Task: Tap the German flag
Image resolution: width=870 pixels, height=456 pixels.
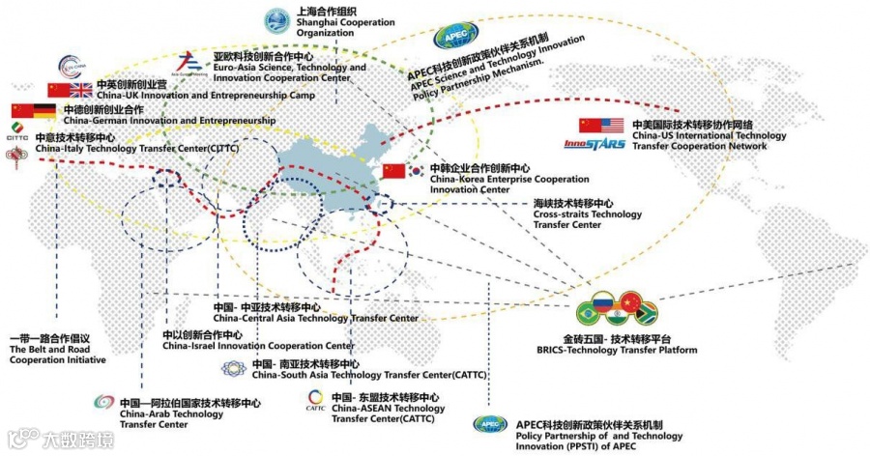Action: click(45, 111)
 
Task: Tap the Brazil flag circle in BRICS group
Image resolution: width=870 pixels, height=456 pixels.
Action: click(586, 313)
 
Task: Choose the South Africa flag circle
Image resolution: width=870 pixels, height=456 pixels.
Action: click(647, 313)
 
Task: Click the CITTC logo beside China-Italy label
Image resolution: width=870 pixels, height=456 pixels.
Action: click(16, 133)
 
